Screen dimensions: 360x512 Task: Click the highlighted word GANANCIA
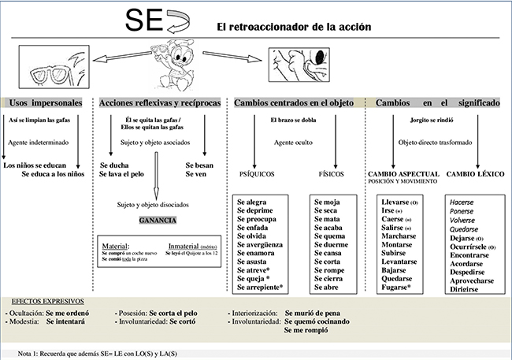pyautogui.click(x=158, y=220)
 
